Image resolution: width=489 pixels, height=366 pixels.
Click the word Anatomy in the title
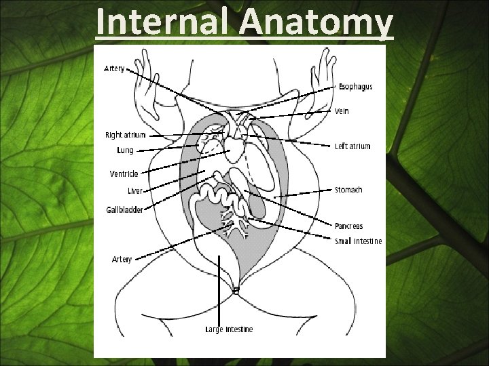(x=316, y=22)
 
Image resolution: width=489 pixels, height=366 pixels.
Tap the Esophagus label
(x=355, y=87)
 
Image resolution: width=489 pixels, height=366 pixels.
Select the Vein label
(x=342, y=110)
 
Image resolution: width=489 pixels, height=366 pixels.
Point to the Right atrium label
(x=125, y=135)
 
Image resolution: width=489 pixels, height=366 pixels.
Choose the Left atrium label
(x=352, y=146)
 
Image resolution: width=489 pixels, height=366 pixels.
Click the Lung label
(x=125, y=150)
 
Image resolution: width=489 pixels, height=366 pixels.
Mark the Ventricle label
(x=124, y=174)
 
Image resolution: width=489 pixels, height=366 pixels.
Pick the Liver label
(x=135, y=191)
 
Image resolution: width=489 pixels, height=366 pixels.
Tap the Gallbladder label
(x=124, y=210)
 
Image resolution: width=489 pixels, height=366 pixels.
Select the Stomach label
(x=348, y=190)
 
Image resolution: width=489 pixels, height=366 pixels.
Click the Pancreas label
(x=349, y=226)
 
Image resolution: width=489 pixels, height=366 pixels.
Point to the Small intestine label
(x=358, y=241)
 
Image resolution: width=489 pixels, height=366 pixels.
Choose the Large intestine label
(x=229, y=329)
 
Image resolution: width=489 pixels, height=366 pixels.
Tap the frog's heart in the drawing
(x=235, y=146)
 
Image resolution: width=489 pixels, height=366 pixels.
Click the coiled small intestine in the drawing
(x=217, y=197)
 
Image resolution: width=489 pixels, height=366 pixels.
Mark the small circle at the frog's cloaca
(x=236, y=290)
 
